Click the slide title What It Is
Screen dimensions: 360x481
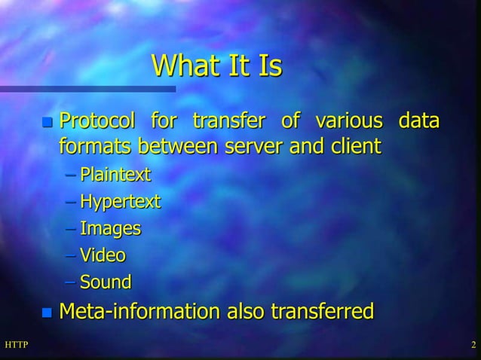point(216,66)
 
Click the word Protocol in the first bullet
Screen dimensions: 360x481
point(97,121)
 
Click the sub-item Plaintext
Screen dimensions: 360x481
point(115,175)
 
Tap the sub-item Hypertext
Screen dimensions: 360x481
point(120,202)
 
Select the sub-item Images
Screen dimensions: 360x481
point(110,228)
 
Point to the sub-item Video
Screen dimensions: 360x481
point(103,255)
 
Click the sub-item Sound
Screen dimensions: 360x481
point(106,282)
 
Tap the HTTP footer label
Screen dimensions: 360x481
point(16,346)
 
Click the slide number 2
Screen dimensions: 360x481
point(473,346)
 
